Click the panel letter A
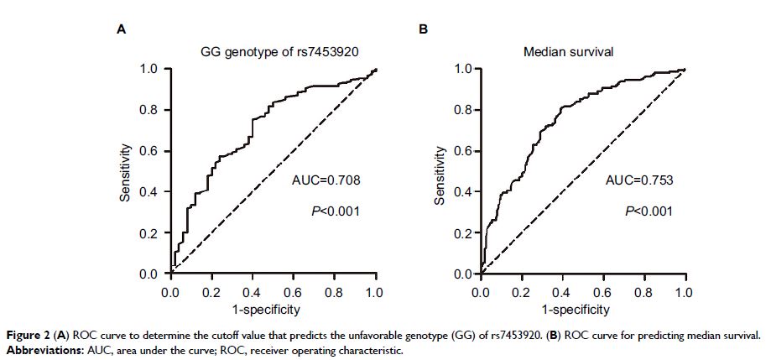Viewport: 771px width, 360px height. point(121,29)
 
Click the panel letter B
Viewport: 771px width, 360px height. point(424,29)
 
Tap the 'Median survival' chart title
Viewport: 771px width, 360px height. point(568,52)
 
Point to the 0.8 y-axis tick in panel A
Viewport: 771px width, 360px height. point(148,110)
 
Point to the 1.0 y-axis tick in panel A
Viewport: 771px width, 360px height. point(148,69)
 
